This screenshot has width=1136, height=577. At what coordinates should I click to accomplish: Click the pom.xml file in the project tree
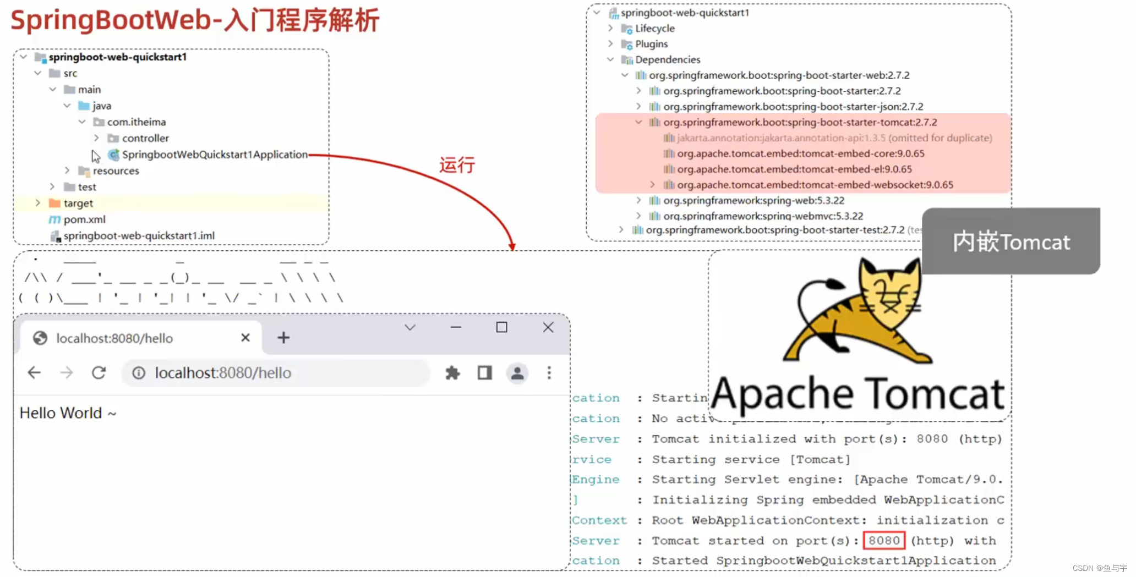[x=84, y=219]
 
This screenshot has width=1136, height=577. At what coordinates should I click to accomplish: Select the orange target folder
[x=78, y=204]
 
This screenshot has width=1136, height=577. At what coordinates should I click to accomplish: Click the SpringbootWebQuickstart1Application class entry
[x=214, y=155]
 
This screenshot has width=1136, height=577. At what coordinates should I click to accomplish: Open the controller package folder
[x=145, y=138]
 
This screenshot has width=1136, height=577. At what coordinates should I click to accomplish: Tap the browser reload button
[x=99, y=373]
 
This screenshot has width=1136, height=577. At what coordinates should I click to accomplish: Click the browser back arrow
[x=34, y=373]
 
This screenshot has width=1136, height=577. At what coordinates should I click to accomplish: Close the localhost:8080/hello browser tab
[x=245, y=338]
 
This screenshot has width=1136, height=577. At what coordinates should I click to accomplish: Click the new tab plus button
[x=283, y=338]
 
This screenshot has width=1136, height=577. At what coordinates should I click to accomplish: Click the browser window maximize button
[x=501, y=328]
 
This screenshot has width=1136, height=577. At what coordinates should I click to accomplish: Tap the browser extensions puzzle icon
[x=452, y=373]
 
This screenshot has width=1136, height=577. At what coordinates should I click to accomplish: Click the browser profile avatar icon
[x=517, y=373]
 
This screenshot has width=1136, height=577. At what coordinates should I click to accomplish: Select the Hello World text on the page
[x=61, y=413]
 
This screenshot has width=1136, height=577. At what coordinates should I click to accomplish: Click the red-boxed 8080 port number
[x=884, y=541]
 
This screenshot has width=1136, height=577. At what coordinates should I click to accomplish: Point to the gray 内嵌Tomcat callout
[x=1011, y=241]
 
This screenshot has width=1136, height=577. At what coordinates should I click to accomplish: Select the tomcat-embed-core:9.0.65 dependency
[x=800, y=153]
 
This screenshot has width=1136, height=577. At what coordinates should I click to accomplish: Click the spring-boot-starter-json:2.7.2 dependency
[x=793, y=107]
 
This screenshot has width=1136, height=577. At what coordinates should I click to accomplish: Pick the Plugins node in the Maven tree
[x=651, y=44]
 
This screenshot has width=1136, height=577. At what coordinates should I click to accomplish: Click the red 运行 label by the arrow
[x=457, y=165]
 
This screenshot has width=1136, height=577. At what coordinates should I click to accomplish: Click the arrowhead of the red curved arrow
[x=512, y=247]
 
